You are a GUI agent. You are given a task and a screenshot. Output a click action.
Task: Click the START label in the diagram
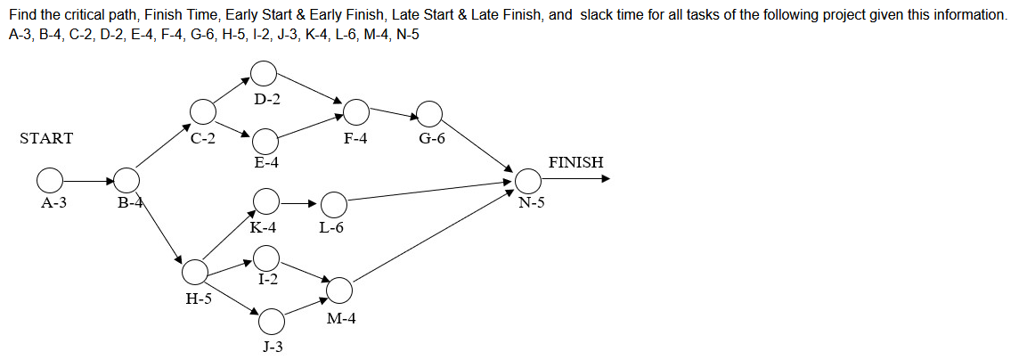point(46,138)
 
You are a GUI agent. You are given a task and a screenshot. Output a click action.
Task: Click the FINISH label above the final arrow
point(575,162)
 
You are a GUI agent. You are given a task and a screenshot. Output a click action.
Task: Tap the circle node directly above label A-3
point(50,181)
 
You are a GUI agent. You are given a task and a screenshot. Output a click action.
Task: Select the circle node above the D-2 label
point(264,73)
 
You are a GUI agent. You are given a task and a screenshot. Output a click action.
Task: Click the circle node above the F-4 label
point(356,111)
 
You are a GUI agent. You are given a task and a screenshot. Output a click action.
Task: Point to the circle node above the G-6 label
point(429,113)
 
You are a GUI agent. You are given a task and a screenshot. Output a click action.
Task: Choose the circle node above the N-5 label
point(528,181)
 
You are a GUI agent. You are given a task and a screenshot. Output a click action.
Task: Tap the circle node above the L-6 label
point(333,205)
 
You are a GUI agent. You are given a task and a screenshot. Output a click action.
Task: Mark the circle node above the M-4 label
point(339,290)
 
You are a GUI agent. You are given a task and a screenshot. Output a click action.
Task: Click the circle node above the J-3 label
point(273,320)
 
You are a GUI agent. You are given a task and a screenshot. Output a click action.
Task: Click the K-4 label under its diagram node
point(263,227)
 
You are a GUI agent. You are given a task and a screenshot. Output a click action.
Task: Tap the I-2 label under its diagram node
point(267,279)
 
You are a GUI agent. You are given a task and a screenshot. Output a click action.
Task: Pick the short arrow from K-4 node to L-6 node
point(300,203)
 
